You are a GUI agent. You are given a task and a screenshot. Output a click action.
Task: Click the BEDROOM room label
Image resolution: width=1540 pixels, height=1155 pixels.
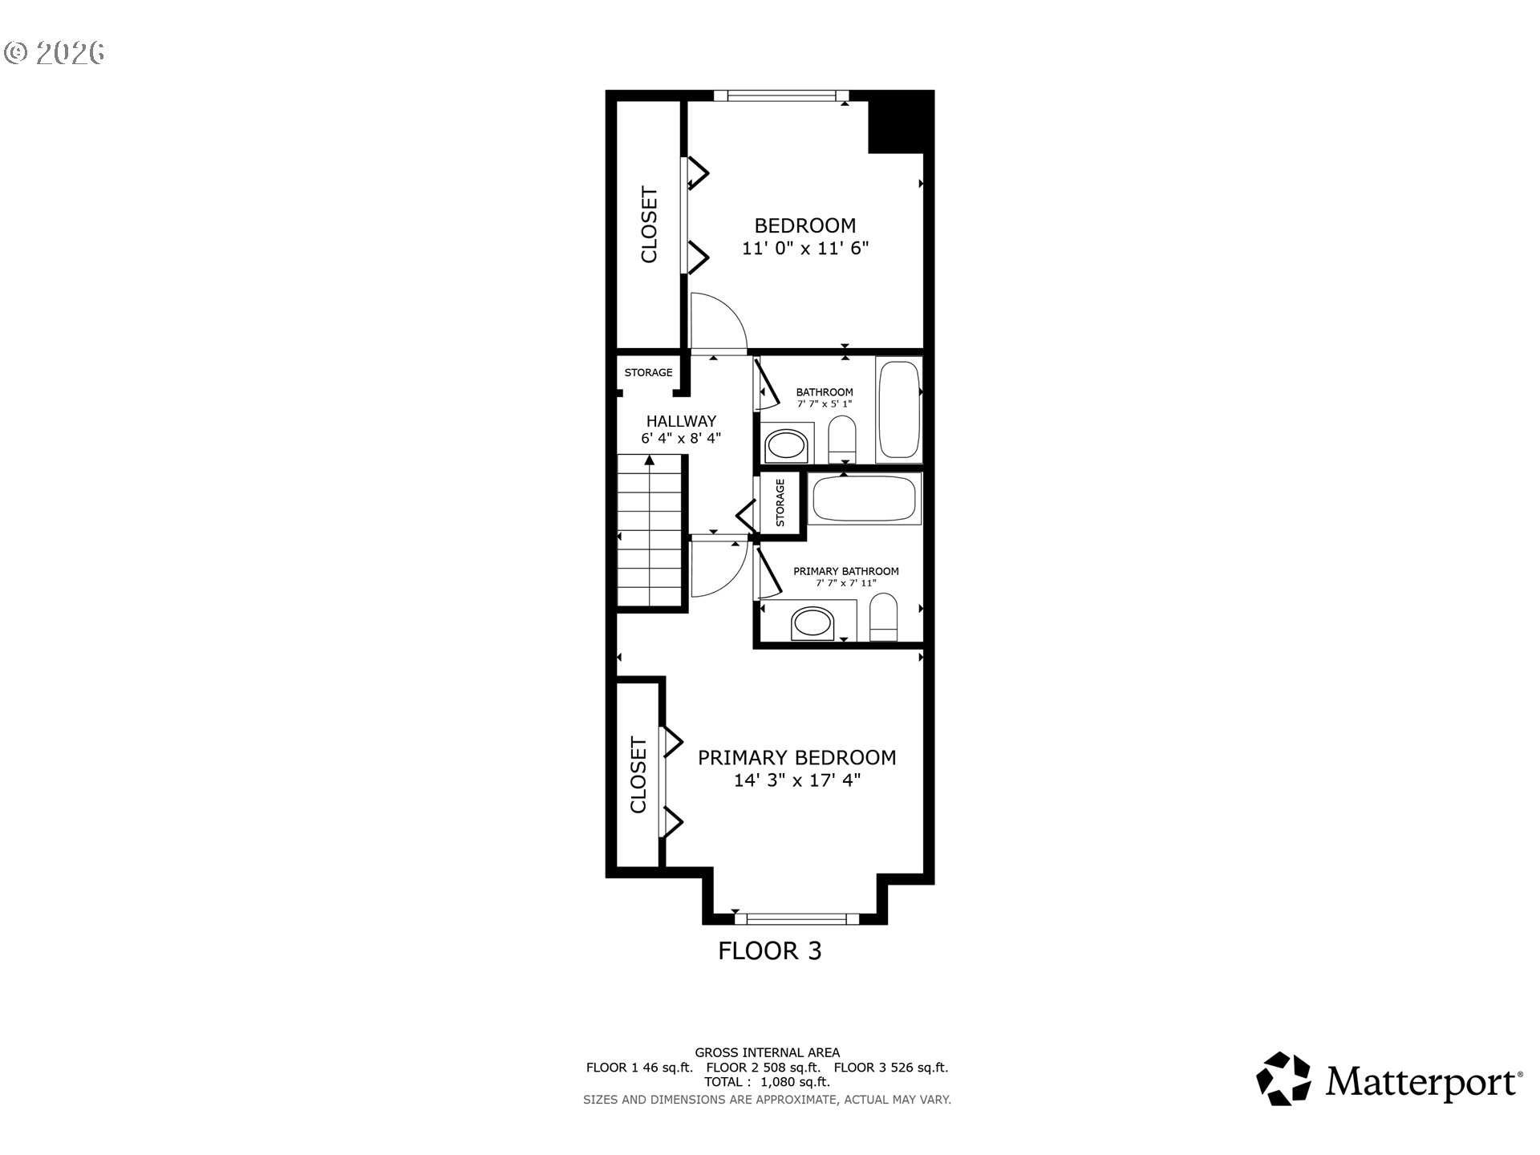804,225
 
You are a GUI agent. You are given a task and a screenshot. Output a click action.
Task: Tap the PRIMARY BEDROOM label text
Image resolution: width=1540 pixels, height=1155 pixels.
796,757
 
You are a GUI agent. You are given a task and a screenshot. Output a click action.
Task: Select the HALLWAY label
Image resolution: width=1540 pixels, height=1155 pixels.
681,421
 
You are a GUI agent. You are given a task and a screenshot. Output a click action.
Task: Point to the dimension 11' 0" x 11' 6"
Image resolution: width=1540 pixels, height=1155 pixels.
805,249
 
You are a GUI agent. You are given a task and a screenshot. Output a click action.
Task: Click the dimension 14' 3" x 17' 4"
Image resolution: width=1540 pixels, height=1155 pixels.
796,780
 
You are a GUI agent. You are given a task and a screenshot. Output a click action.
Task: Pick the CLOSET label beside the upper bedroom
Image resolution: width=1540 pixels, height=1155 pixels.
649,225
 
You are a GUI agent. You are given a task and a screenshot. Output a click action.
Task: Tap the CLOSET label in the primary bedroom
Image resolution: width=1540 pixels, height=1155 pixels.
638,775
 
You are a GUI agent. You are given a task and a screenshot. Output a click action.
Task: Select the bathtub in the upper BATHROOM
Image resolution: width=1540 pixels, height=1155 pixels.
899,410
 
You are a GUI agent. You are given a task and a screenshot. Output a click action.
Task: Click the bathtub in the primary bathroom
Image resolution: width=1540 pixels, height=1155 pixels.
864,499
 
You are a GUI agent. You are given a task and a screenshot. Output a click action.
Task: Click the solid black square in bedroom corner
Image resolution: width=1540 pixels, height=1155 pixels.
901,123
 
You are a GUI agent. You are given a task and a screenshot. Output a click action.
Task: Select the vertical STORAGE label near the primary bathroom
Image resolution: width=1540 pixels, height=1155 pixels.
780,503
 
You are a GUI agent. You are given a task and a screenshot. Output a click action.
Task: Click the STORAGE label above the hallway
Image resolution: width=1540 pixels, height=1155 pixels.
648,373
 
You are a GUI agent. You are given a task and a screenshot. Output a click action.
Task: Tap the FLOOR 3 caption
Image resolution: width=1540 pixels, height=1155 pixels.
769,951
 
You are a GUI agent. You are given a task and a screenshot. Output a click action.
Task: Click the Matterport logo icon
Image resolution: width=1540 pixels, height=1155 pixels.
1283,1079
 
